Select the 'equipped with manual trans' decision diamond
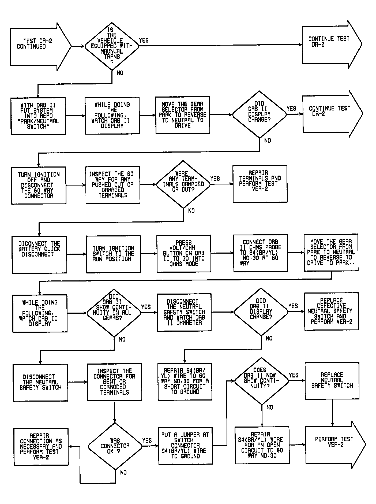112,46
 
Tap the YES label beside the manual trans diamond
144,40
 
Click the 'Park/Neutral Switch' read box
38,116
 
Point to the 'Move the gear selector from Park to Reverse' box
183,115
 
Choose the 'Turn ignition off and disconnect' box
39,186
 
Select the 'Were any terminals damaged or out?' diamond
183,184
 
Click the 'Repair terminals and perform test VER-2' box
260,184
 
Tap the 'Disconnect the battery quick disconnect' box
39,255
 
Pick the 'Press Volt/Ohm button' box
184,254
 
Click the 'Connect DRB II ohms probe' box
261,253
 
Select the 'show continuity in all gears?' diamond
114,313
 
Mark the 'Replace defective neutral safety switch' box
332,311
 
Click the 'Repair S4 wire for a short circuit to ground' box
185,381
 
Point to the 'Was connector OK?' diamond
115,446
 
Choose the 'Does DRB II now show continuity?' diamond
262,381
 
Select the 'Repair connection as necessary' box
41,447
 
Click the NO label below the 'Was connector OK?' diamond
123,472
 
